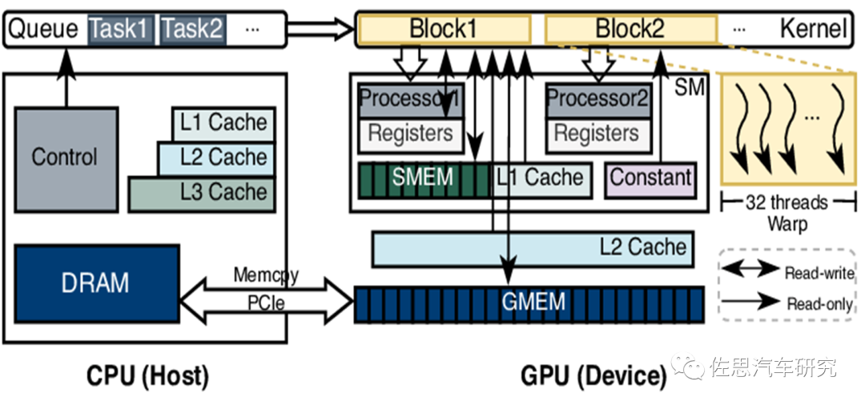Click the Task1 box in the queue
120,30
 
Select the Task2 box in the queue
192,30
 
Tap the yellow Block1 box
444,30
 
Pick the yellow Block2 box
630,30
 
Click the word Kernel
812,30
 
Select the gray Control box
65,158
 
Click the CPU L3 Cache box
201,193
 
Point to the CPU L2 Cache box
215,158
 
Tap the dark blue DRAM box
95,283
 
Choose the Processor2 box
597,99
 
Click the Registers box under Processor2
597,133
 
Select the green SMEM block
423,178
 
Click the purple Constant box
650,178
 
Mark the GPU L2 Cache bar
532,248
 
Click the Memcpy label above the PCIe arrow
266,275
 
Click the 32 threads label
786,203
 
